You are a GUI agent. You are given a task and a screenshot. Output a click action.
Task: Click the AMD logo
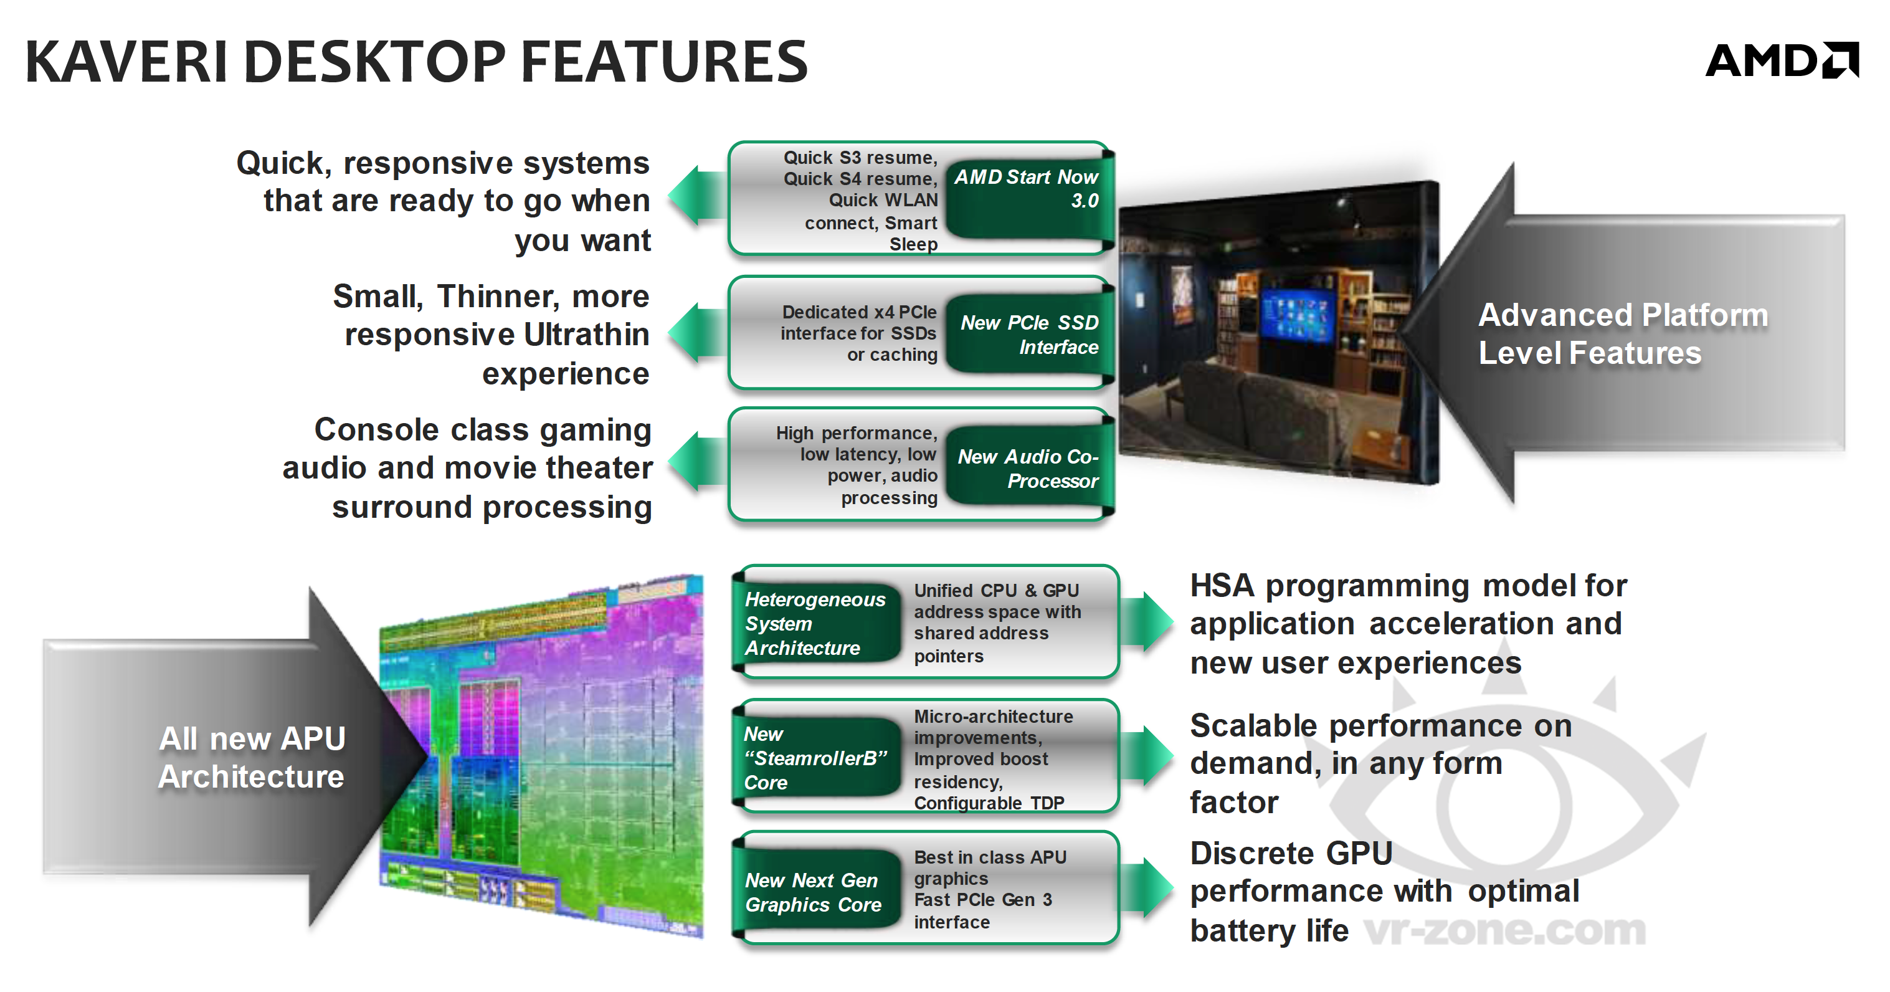pyautogui.click(x=1782, y=60)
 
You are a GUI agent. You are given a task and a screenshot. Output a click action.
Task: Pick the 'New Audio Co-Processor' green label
pyautogui.click(x=1028, y=467)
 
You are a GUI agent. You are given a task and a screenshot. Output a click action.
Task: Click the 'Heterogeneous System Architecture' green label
pyautogui.click(x=817, y=623)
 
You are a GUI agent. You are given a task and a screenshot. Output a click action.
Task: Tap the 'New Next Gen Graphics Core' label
pyautogui.click(x=817, y=892)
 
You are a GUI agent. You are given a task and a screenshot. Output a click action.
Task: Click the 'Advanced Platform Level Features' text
pyautogui.click(x=1623, y=334)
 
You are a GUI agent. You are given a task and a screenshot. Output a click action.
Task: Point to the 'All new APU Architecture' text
pyautogui.click(x=252, y=757)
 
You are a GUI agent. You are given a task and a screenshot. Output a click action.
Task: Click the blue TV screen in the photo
pyautogui.click(x=1297, y=315)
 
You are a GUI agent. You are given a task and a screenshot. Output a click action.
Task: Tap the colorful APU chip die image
pyautogui.click(x=541, y=756)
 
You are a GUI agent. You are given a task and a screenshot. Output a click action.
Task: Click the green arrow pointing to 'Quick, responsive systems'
pyautogui.click(x=698, y=195)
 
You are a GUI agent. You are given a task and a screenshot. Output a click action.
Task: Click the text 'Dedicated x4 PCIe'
pyautogui.click(x=859, y=312)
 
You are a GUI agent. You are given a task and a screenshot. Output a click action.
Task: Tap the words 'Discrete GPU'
pyautogui.click(x=1291, y=853)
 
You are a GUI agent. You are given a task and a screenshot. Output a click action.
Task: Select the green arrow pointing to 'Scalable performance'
pyautogui.click(x=1147, y=756)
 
